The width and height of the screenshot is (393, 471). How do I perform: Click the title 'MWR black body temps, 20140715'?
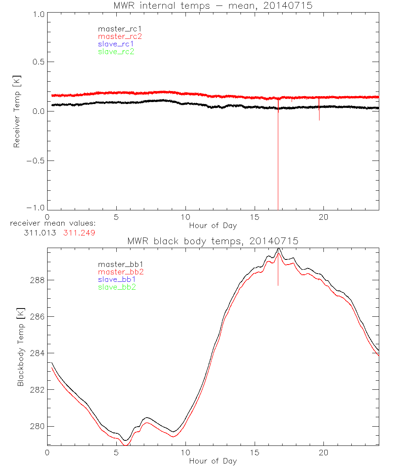(213, 241)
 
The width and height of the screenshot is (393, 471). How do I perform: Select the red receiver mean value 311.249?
(79, 233)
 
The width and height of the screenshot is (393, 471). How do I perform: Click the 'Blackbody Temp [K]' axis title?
(20, 345)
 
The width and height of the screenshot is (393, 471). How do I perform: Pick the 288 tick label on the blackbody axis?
(37, 280)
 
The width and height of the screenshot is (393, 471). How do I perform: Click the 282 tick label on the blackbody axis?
(37, 390)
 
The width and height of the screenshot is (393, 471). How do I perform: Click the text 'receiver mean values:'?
(53, 223)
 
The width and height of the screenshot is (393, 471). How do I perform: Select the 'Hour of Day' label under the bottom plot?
(213, 461)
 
